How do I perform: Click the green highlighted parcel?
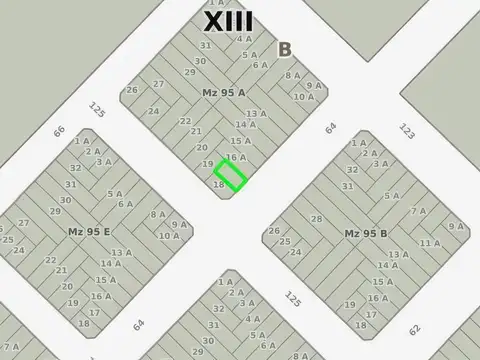point(230,176)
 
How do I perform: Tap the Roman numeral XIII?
point(228,21)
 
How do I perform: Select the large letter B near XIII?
point(285,49)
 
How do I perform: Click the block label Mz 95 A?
point(223,93)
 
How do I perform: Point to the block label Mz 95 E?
point(89,232)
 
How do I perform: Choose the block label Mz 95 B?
point(366,234)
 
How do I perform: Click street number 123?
point(407,130)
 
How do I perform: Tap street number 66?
point(59,131)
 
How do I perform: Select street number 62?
point(414,329)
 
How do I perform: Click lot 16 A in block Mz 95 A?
point(235,157)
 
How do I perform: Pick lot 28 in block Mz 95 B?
point(316,218)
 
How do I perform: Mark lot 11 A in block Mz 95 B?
point(429,243)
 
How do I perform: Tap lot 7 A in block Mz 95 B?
point(418,211)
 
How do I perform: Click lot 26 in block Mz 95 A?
point(132,90)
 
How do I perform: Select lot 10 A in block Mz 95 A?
point(304,97)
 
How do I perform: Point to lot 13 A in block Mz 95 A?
point(256,113)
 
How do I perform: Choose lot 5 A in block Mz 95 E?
point(114,194)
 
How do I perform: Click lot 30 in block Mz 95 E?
point(65,200)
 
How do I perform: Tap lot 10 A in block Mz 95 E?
point(169,236)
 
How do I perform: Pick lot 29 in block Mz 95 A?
point(189,72)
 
